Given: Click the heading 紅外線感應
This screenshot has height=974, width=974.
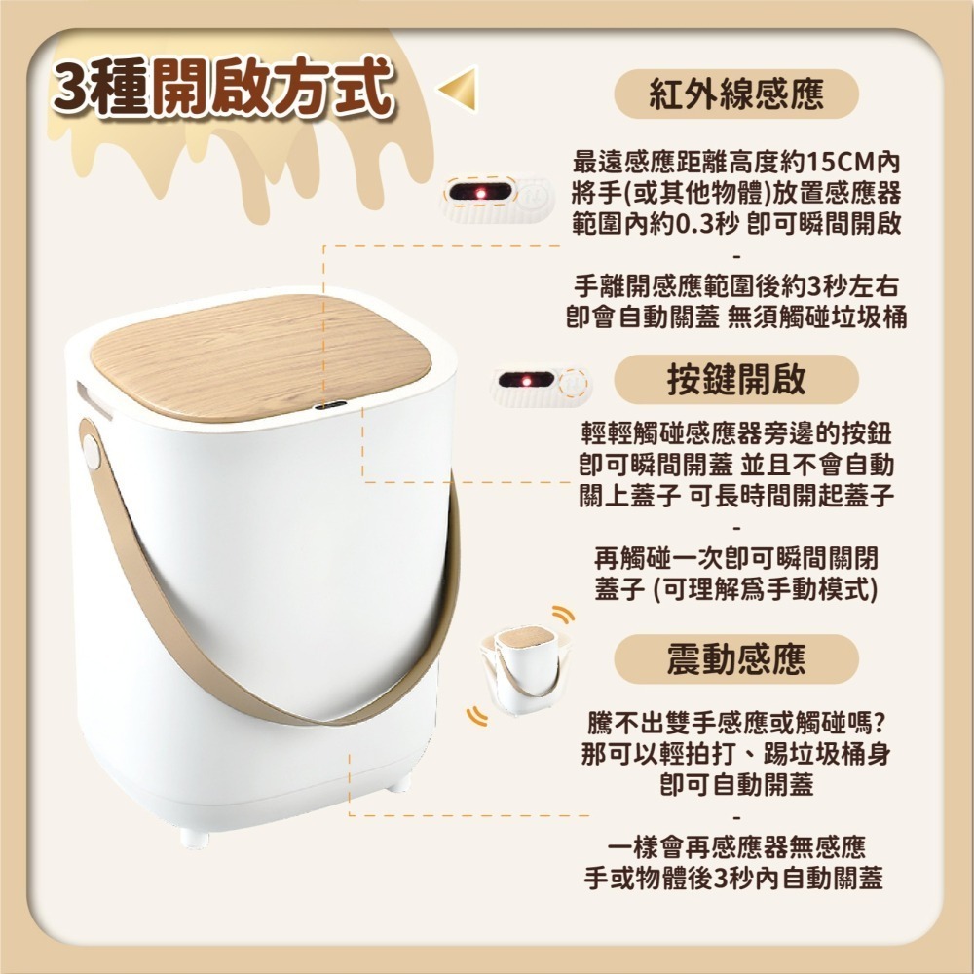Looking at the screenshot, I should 735,94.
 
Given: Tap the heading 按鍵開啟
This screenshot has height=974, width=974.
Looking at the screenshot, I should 735,379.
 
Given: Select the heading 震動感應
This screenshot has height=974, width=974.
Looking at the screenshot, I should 735,659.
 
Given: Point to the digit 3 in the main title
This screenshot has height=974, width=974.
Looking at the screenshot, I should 76,89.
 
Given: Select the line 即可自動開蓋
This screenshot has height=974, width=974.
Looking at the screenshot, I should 735,785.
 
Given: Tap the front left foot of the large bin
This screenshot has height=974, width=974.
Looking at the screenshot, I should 194,837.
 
